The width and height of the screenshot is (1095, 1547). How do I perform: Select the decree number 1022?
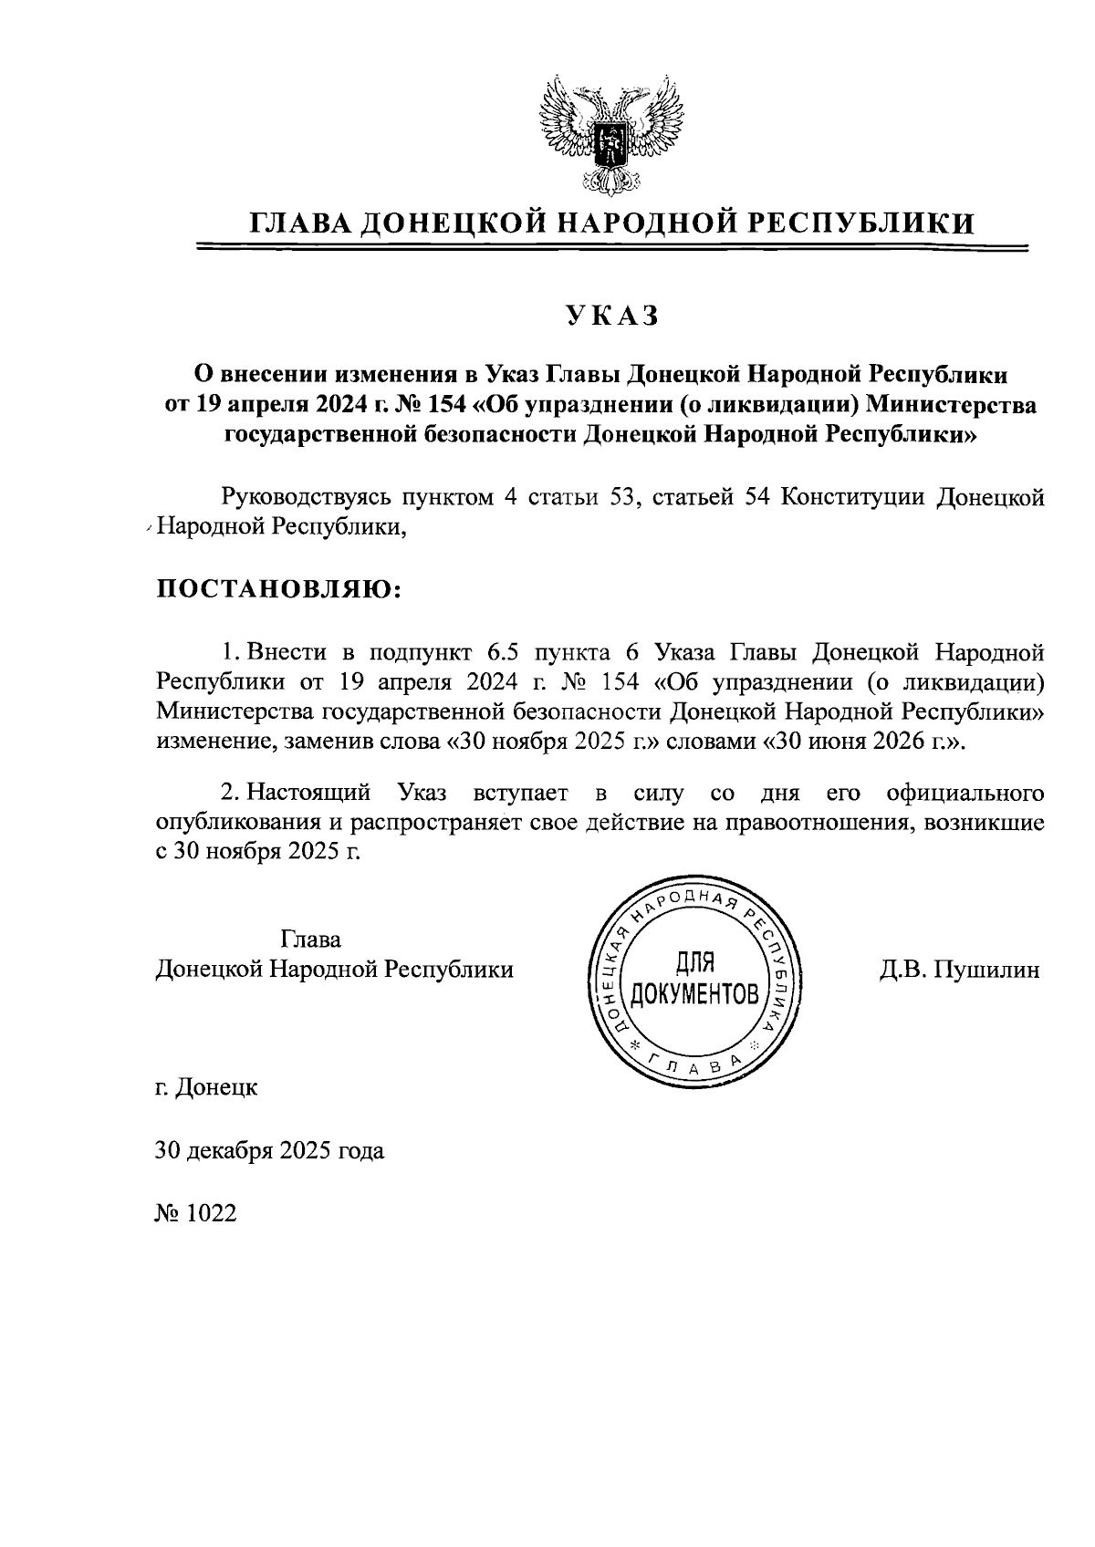click(196, 1213)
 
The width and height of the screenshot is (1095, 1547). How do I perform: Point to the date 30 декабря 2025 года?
click(270, 1150)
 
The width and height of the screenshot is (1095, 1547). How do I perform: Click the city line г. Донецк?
click(206, 1087)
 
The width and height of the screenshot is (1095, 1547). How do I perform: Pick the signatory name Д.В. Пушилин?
click(959, 970)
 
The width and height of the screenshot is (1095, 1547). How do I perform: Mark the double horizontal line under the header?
click(611, 247)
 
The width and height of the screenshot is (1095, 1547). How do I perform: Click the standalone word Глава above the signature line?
click(311, 940)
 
